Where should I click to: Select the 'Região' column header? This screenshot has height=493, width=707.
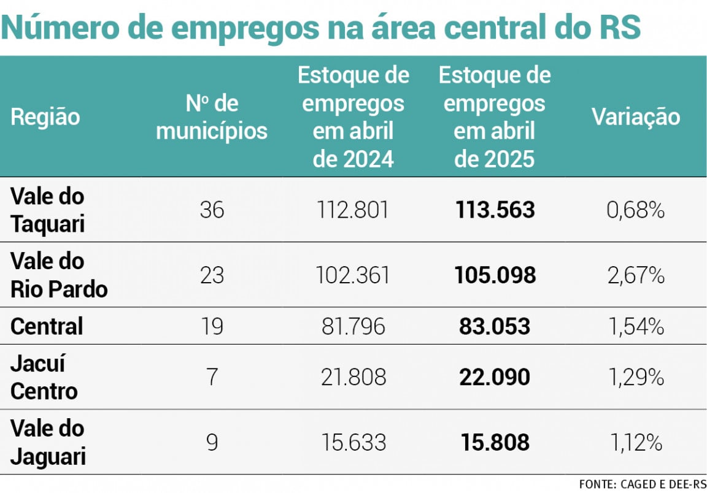tap(45, 116)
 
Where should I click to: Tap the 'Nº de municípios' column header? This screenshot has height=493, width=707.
tap(212, 117)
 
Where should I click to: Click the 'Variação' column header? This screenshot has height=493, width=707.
tap(636, 117)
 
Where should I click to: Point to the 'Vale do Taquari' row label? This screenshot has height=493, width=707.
tap(48, 210)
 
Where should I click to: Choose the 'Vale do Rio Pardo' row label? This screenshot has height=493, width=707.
tap(59, 275)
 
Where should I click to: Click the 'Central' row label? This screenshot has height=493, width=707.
tap(47, 326)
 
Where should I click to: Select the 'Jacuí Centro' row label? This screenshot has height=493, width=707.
tap(44, 377)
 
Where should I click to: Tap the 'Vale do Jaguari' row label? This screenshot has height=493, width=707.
tap(48, 442)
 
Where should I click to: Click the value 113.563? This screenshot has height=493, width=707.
tap(495, 210)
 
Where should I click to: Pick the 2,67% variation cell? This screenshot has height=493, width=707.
tap(636, 275)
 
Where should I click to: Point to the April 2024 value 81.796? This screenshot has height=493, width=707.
tap(353, 326)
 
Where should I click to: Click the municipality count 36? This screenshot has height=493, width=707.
tap(212, 210)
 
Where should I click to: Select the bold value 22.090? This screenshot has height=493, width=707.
tap(495, 377)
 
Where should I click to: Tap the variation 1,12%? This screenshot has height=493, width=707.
tap(636, 442)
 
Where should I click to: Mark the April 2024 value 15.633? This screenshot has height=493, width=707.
tap(353, 442)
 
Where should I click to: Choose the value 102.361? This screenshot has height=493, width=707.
tap(353, 275)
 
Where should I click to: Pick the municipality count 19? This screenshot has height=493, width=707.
tap(212, 326)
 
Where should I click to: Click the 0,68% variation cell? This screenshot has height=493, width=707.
tap(636, 210)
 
